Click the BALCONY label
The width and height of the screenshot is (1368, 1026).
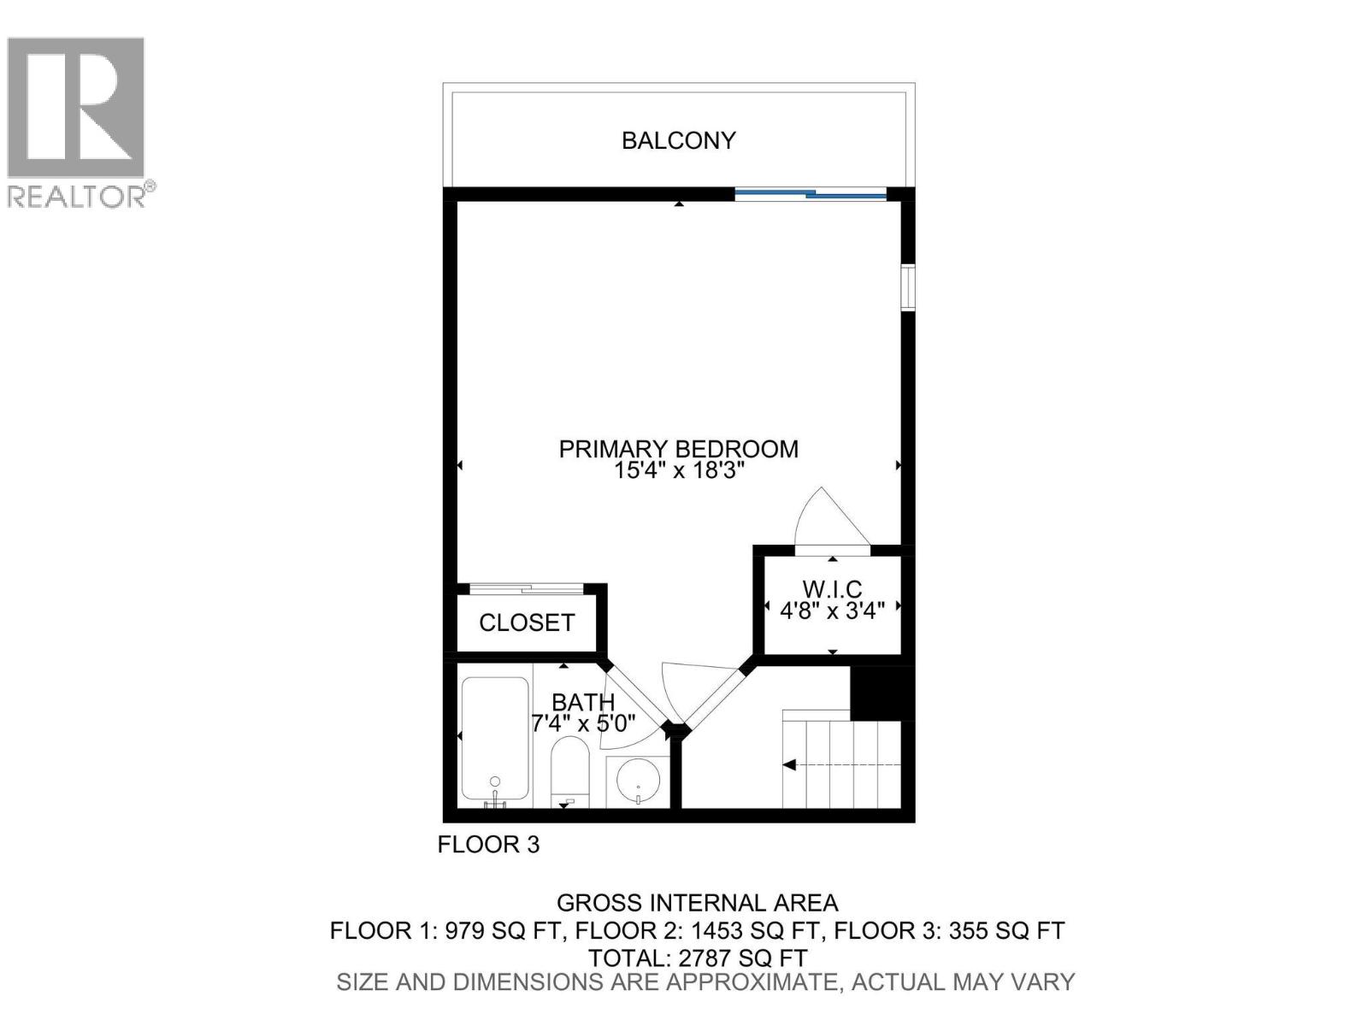tap(678, 140)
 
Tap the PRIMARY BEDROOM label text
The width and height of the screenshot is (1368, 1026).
tap(678, 449)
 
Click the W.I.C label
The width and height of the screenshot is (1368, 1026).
tap(832, 589)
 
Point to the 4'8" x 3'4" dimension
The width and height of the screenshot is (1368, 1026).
tap(832, 610)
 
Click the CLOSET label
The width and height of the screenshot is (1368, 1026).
tap(527, 622)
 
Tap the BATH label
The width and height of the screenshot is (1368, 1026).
tap(583, 703)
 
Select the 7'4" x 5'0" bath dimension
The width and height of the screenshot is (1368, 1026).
tap(583, 724)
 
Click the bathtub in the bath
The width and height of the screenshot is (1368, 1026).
tap(495, 738)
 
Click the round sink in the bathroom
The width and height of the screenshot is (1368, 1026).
tap(637, 778)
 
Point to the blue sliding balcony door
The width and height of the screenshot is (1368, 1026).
tap(811, 195)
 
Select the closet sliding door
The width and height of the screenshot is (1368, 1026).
tap(526, 588)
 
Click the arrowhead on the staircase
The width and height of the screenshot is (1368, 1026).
tap(790, 764)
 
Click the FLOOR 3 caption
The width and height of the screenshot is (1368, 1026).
tap(488, 845)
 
